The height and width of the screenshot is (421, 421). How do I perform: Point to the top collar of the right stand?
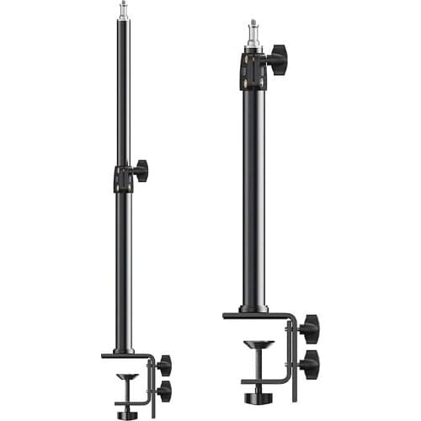point(252,68)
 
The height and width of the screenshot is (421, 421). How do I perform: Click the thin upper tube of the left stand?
point(124,93)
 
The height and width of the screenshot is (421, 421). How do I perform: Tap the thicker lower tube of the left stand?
point(124,269)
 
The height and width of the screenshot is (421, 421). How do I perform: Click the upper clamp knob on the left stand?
point(163,365)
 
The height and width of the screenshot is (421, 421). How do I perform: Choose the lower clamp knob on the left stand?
point(163,390)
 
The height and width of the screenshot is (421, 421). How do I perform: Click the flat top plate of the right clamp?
point(257,317)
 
